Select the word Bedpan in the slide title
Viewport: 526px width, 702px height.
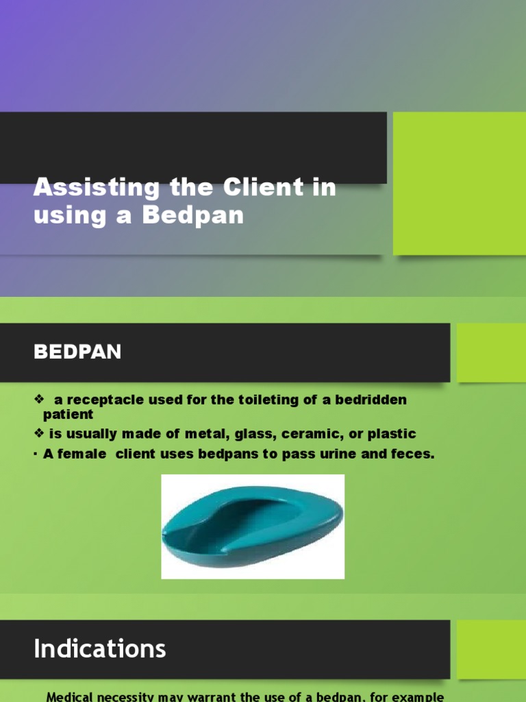193,215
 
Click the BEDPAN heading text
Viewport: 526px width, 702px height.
77,352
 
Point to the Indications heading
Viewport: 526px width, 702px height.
100,648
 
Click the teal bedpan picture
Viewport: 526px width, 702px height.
252,526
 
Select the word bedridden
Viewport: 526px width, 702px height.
370,400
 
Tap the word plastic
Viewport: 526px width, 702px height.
391,434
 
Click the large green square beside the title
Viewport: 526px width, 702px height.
459,183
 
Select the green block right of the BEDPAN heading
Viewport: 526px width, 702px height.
490,352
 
